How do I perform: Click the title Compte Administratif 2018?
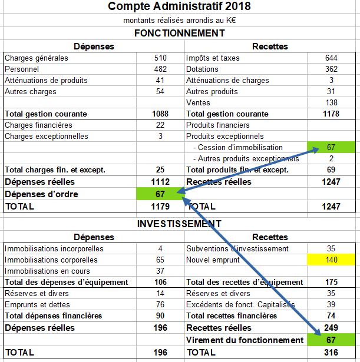[179, 6]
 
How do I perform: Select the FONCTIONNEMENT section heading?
[180, 33]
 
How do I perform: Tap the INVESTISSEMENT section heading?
[179, 224]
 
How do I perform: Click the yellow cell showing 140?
[331, 260]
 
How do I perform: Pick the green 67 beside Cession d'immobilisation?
[331, 147]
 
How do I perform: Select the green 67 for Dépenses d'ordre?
[160, 194]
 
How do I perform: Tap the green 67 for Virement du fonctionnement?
[331, 340]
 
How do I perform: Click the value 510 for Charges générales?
[160, 58]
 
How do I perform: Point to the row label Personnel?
[22, 69]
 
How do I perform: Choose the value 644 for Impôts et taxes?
[331, 58]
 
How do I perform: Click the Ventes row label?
[198, 102]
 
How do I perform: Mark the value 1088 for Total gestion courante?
[160, 114]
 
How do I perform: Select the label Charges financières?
[38, 125]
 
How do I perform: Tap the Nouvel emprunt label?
[213, 260]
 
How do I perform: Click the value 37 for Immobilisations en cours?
[160, 271]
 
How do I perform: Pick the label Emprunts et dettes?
[37, 304]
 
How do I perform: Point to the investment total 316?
[331, 353]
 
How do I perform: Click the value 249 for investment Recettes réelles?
[331, 328]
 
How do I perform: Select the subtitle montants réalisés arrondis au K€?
[180, 21]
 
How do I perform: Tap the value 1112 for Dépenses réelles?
[160, 182]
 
